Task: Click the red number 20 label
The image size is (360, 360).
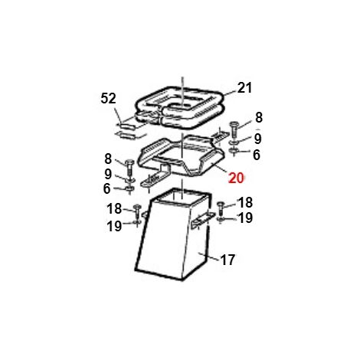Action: (236, 178)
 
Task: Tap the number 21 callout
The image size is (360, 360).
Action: (244, 88)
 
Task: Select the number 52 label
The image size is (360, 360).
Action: (108, 98)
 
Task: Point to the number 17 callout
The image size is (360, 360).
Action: (227, 260)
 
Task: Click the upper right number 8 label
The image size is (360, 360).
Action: (259, 118)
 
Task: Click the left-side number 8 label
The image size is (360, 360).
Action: (108, 159)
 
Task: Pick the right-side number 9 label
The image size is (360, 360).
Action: (258, 139)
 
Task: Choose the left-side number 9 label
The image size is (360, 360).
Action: (108, 175)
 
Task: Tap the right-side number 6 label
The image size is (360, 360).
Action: (257, 155)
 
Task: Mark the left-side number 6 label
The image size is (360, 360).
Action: (107, 188)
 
